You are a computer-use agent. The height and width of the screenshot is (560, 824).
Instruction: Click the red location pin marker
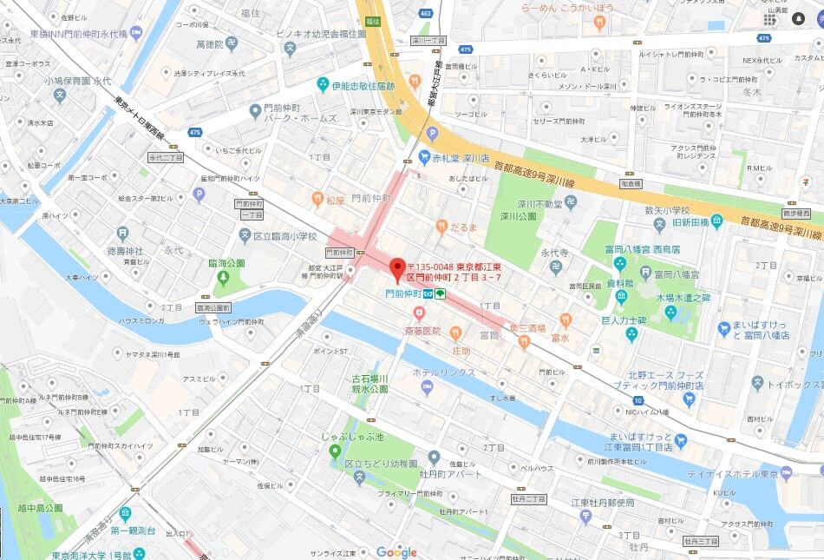398,269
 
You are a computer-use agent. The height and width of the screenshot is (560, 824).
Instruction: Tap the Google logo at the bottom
396,552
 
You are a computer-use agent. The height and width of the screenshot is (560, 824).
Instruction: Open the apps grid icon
770,18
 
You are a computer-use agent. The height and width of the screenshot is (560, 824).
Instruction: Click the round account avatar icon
799,18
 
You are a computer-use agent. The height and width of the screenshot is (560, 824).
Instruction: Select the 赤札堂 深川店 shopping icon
425,158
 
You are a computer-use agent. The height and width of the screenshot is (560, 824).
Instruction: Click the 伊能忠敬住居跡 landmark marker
323,85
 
